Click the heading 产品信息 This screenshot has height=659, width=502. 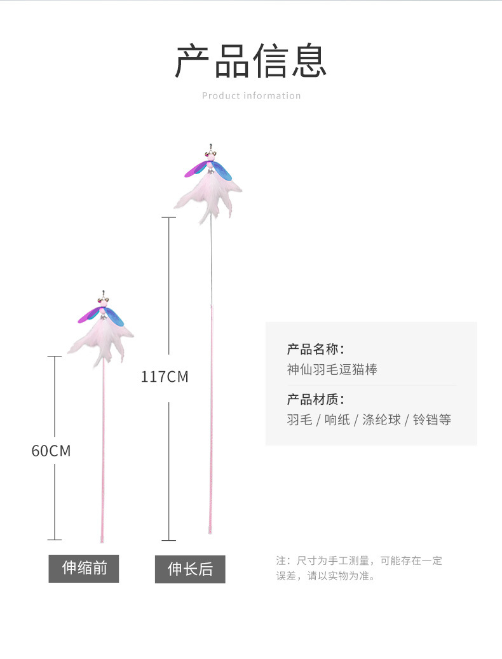pyautogui.click(x=251, y=61)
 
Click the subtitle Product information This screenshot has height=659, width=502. pyautogui.click(x=251, y=96)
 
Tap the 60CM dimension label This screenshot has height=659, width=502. pyautogui.click(x=51, y=451)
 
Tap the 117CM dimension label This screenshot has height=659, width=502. pyautogui.click(x=165, y=377)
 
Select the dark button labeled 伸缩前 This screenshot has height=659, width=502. pyautogui.click(x=84, y=568)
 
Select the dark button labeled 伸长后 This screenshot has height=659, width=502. pyautogui.click(x=190, y=569)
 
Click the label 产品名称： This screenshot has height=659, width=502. pyautogui.click(x=315, y=349)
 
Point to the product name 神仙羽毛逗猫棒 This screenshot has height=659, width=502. pyautogui.click(x=332, y=369)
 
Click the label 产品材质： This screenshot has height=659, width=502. pyautogui.click(x=315, y=400)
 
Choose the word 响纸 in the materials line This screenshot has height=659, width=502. pyautogui.click(x=337, y=420)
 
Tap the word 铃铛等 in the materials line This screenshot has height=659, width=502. pyautogui.click(x=432, y=420)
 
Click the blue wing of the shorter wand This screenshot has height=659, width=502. pyautogui.click(x=115, y=314)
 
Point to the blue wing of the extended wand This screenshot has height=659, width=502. pyautogui.click(x=222, y=170)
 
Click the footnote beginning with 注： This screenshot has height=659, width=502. pyautogui.click(x=359, y=568)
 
